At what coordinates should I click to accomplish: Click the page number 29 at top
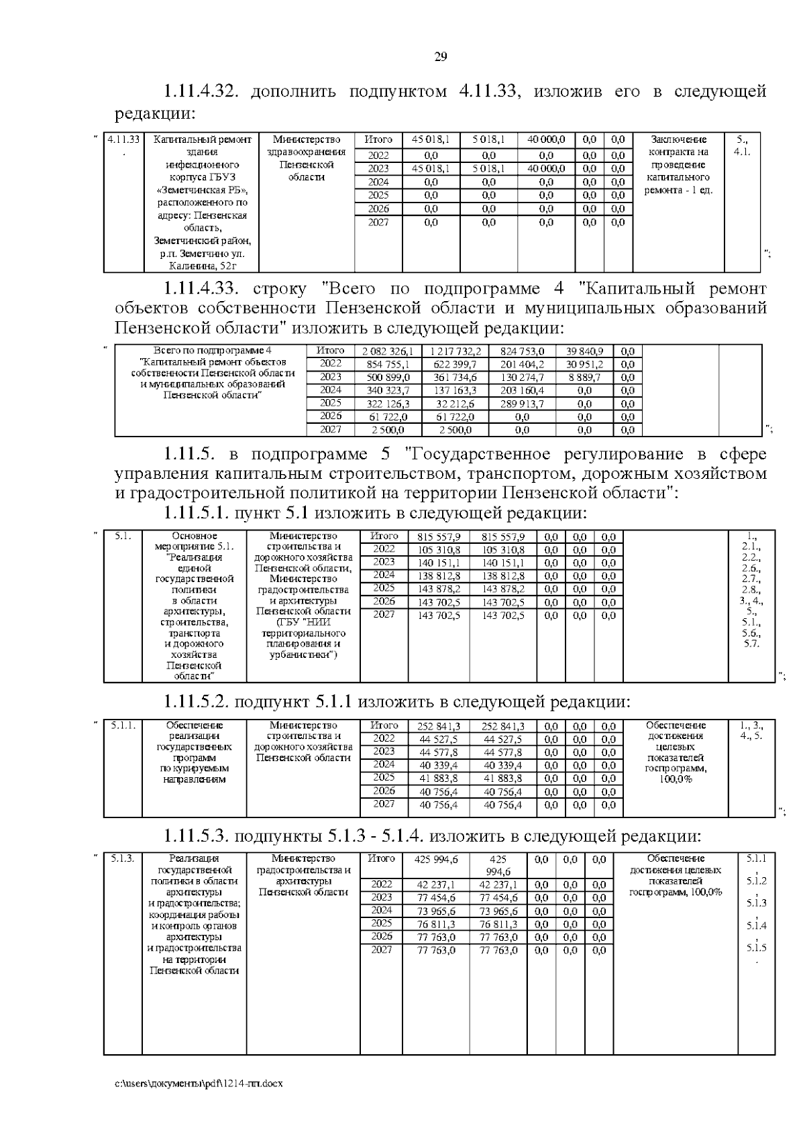tap(441, 56)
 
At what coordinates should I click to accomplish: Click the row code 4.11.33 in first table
tap(124, 140)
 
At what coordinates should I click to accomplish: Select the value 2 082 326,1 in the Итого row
tap(388, 351)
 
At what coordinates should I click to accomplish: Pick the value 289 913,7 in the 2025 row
tap(522, 404)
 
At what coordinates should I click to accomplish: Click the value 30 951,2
tap(584, 365)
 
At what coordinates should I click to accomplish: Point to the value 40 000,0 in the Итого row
tap(546, 140)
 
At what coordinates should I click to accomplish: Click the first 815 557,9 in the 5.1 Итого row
tap(439, 537)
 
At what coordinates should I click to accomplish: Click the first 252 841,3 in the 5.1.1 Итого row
tap(439, 726)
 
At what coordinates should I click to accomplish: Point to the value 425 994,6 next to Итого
tap(436, 860)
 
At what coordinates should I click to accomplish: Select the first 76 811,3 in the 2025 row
tap(436, 924)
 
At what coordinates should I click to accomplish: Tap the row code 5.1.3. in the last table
tap(123, 859)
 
